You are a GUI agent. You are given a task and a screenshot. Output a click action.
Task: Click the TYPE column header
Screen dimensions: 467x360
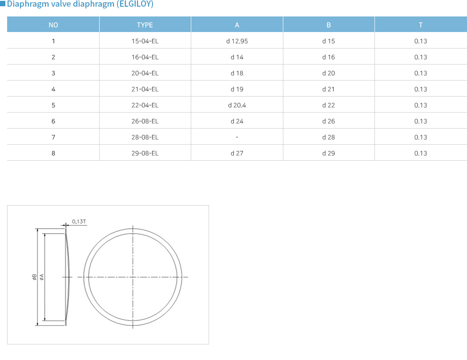(x=145, y=25)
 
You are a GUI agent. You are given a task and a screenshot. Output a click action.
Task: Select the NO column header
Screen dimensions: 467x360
(x=53, y=25)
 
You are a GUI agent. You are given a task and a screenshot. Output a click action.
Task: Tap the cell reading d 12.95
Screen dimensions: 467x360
(x=237, y=41)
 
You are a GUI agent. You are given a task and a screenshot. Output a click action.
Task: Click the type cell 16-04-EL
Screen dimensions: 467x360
(x=145, y=57)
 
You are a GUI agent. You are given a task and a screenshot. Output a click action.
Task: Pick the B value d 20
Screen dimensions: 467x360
(x=329, y=73)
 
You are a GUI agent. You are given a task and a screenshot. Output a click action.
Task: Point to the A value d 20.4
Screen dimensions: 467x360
(x=237, y=105)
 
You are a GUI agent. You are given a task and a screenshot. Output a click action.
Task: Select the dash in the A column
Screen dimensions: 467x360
(x=237, y=138)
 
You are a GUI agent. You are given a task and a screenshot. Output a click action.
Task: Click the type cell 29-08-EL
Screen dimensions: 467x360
(x=145, y=154)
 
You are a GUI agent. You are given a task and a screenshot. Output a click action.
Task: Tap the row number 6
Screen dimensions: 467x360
(x=53, y=121)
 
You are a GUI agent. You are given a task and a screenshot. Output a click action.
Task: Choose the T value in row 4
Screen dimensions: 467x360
(x=421, y=89)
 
